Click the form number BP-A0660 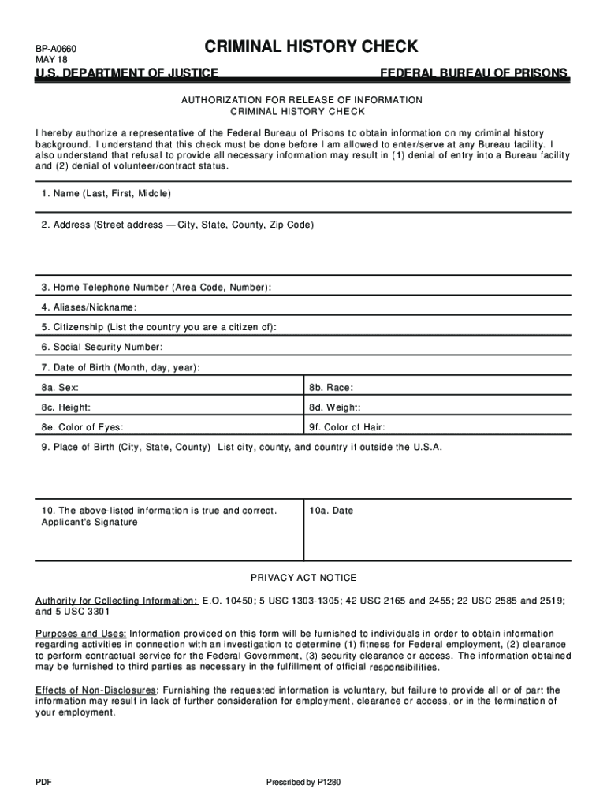[x=54, y=49]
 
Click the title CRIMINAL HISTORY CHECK [x=311, y=46]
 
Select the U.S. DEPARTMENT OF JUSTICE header [x=127, y=73]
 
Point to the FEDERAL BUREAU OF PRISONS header [x=474, y=73]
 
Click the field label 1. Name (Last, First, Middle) [x=106, y=193]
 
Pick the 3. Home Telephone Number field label [x=157, y=288]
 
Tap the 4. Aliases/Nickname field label [x=89, y=307]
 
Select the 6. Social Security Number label [x=102, y=347]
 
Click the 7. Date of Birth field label [x=121, y=367]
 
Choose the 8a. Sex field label [x=60, y=388]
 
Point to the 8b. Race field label [x=331, y=388]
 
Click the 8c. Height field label [x=66, y=407]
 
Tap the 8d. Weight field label [x=335, y=407]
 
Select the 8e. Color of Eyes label [x=83, y=428]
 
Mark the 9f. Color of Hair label [x=348, y=428]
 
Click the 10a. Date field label [x=331, y=511]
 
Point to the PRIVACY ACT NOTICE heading [x=303, y=578]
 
